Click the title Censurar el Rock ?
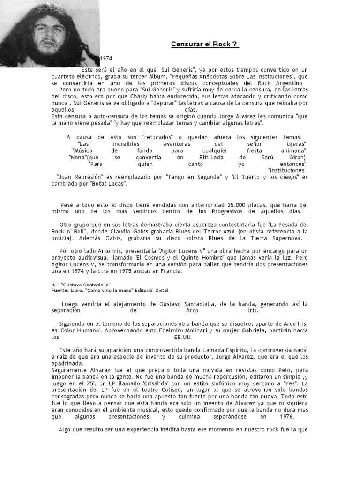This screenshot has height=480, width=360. [x=204, y=44]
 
